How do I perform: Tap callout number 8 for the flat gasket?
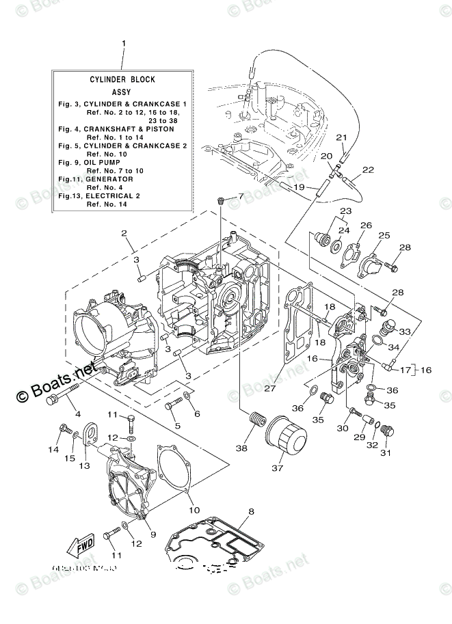[251, 511]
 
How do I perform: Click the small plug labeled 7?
[221, 200]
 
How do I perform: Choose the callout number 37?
[277, 468]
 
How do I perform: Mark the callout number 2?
[124, 234]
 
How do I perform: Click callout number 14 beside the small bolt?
[53, 449]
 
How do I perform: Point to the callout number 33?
[404, 331]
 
